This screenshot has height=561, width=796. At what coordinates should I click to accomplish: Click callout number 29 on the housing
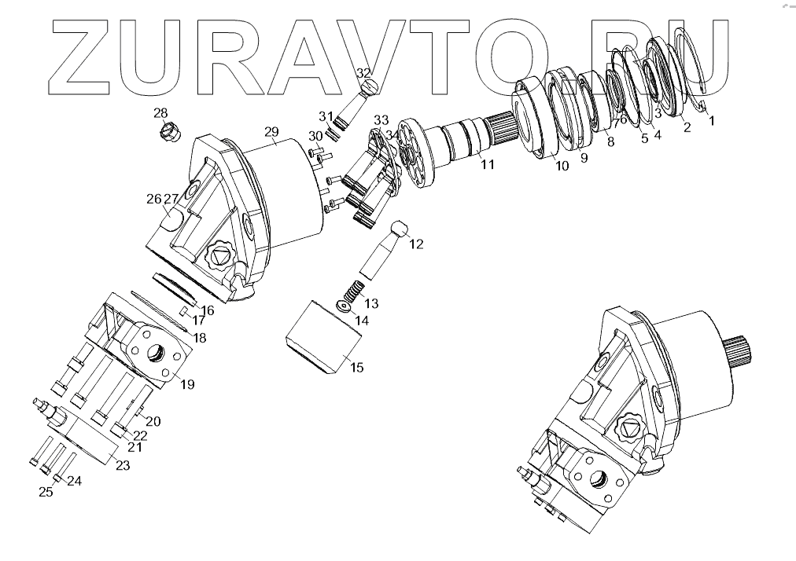(271, 130)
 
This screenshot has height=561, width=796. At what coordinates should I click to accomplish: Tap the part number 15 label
(356, 367)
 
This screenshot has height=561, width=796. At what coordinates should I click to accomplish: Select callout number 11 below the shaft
(488, 165)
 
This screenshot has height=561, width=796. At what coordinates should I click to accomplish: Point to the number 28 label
(160, 112)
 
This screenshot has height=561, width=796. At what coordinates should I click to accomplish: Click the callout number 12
(416, 244)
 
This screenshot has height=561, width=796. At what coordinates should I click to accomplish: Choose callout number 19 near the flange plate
(187, 384)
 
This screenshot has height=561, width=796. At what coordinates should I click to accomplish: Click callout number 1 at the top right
(712, 122)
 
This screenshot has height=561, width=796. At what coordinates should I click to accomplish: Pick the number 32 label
(363, 73)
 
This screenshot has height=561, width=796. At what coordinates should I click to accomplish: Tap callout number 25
(46, 492)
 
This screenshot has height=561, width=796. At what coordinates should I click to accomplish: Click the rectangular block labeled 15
(322, 339)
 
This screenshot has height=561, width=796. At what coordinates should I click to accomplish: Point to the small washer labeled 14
(343, 305)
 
